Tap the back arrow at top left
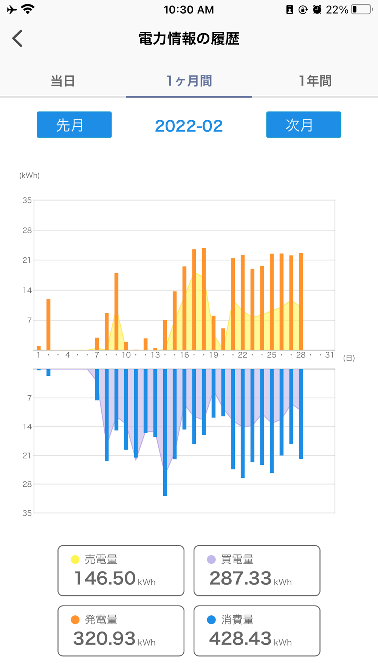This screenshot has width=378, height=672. point(17,39)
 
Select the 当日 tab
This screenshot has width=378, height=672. point(63,81)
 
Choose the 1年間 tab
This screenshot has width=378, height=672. point(315,81)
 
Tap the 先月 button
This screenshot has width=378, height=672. point(74,125)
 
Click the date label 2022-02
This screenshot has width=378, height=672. point(189,126)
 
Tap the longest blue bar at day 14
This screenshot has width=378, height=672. point(165,432)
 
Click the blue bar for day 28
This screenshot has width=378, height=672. point(301,414)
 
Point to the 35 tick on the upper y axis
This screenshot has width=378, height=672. point(27,200)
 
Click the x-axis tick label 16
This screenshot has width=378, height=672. point(184,355)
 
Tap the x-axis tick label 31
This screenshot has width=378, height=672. point(330,355)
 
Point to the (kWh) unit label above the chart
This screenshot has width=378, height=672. point(29,175)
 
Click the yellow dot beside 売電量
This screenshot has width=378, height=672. point(75,559)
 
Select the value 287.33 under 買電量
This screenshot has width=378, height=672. point(240,578)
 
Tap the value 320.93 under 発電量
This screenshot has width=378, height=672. point(104,639)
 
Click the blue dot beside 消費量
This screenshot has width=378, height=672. point(211,620)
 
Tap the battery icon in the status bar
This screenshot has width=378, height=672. point(361,9)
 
